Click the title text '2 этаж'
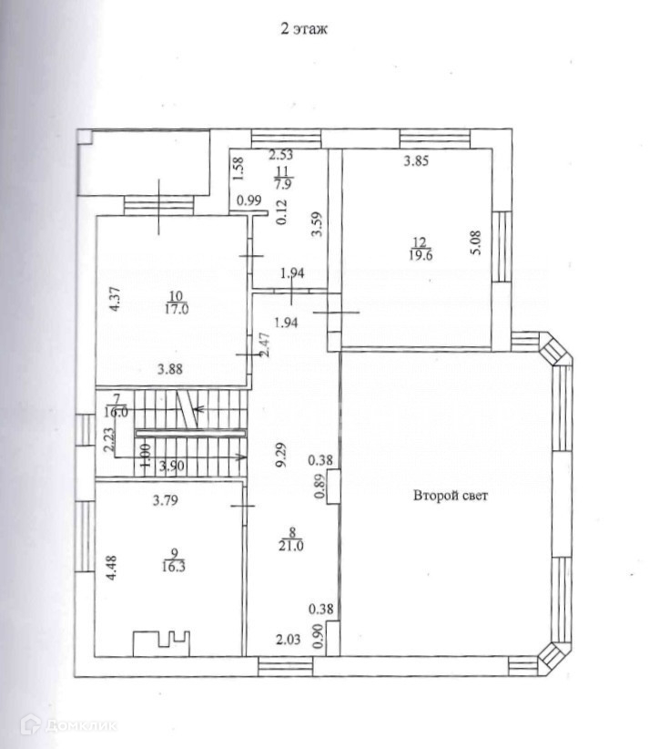pos(304,28)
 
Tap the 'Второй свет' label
pos(450,496)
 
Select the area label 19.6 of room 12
pos(421,255)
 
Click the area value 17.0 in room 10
pos(176,309)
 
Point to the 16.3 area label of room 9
pos(174,567)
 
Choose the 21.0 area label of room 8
pos(290,546)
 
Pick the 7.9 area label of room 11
pos(282,184)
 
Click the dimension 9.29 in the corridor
pos(281,456)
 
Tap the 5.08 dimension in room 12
pos(476,242)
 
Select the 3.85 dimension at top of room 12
pos(416,161)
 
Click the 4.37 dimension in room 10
pos(115,299)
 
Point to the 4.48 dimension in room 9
pos(111,568)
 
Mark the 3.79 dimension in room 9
pos(165,500)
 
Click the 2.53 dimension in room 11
pos(280,155)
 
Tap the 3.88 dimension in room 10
pos(170,369)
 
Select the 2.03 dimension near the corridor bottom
pos(289,639)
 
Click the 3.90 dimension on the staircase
pos(172,466)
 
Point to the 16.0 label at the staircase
pos(116,412)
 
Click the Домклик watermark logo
pos(68,725)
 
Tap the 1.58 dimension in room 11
pos(238,169)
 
